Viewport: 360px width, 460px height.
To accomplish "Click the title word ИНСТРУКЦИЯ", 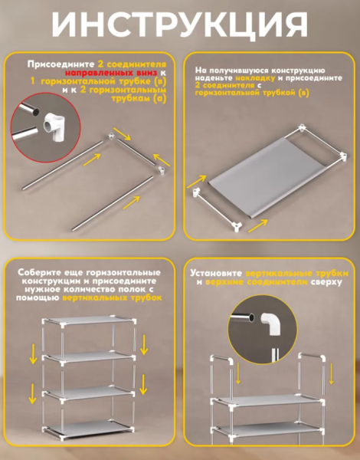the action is pos(180,25).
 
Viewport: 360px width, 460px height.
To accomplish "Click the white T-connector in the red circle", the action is pos(56,127).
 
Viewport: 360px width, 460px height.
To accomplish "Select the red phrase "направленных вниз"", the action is pos(111,73).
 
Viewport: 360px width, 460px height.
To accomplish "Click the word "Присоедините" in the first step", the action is pos(61,64).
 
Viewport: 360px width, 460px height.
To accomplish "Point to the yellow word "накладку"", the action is pos(255,78).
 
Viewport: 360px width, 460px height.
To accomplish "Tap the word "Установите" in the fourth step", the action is pos(216,274).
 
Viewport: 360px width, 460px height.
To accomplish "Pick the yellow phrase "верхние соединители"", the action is pos(257,282).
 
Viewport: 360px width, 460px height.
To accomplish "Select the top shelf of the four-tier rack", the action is pos(89,320).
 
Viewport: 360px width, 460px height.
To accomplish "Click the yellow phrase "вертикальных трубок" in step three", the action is pos(112,297).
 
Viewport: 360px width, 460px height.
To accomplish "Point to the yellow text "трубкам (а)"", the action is pos(139,99).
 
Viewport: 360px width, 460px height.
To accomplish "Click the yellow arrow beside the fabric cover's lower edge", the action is pos(257,226).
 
